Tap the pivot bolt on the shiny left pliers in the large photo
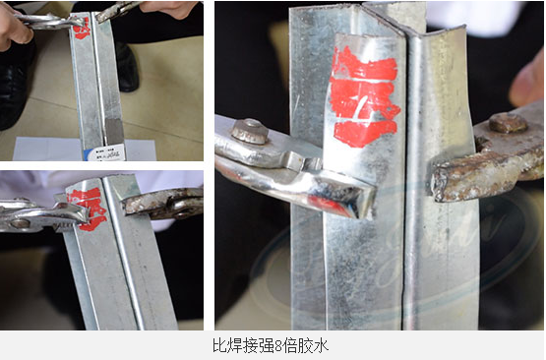click(251, 131)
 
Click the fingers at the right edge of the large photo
click(529, 79)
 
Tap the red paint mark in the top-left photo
click(82, 28)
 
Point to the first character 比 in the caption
click(218, 346)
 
